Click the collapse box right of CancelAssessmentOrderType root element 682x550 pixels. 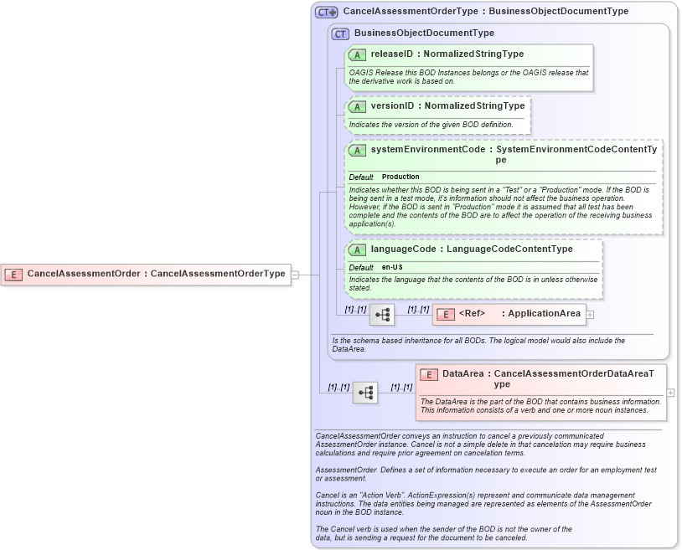[295, 274]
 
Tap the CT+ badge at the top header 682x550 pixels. [326, 12]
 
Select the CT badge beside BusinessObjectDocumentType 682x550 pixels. [340, 33]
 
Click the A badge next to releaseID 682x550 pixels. [357, 54]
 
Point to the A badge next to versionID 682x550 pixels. [357, 106]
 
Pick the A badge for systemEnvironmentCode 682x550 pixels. [357, 150]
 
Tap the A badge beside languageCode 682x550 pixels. [357, 249]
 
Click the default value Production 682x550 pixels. [400, 177]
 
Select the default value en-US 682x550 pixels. [392, 267]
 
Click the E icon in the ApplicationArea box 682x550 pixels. [445, 314]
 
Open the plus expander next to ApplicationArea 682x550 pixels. [591, 315]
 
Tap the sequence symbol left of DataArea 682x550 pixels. [365, 393]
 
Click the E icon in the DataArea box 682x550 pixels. [428, 374]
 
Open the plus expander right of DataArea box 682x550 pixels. [670, 393]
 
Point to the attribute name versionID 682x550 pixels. [392, 106]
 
